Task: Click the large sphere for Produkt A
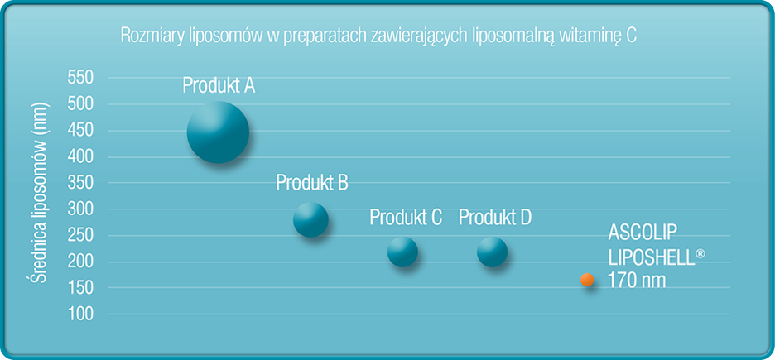tap(218, 132)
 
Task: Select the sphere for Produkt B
tap(310, 220)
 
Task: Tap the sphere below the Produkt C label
tap(402, 252)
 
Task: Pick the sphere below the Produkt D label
tap(493, 252)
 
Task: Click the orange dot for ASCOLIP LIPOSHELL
tap(587, 280)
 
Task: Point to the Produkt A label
tap(219, 86)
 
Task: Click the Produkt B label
tap(312, 183)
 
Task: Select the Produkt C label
tap(406, 218)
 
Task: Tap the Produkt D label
tap(495, 218)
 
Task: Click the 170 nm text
tap(637, 280)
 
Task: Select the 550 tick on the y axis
tap(80, 78)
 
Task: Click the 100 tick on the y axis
tap(80, 314)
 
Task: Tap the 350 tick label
tap(80, 183)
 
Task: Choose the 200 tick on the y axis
tap(80, 262)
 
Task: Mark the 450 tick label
tap(80, 131)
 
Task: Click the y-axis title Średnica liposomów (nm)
tap(38, 193)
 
